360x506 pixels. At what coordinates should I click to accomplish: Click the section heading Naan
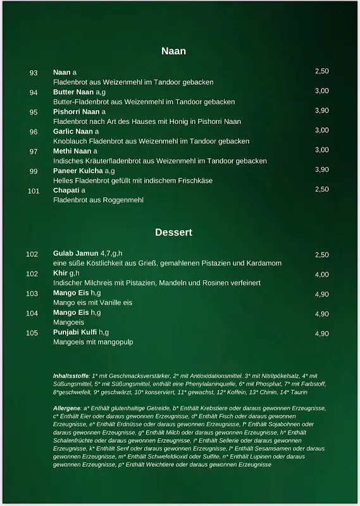tap(173, 51)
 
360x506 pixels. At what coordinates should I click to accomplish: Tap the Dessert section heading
tap(173, 232)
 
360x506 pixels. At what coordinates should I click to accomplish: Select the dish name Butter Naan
tap(73, 92)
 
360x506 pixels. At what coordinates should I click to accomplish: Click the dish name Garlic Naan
tap(73, 132)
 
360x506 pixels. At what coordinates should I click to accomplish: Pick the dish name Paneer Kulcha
tap(78, 171)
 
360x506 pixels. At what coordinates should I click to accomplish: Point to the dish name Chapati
tap(66, 190)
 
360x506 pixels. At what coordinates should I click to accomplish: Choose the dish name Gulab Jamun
tap(76, 254)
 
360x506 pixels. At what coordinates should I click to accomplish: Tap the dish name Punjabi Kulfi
tap(75, 332)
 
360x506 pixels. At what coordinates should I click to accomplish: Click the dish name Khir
tap(60, 273)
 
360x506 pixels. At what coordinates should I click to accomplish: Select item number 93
tap(34, 73)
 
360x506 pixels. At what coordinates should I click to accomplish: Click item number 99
tap(34, 171)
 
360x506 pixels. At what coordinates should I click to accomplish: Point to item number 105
tap(32, 333)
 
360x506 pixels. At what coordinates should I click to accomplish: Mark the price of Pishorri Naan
tap(322, 111)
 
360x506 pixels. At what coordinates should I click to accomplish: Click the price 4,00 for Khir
tap(322, 275)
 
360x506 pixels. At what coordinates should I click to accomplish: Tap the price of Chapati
tap(322, 189)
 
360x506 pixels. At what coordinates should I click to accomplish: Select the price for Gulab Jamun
tap(322, 255)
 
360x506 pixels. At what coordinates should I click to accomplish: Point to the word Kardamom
tap(263, 263)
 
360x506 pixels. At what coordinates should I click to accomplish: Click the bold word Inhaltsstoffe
tap(71, 376)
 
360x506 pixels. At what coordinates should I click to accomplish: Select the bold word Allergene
tap(67, 409)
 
